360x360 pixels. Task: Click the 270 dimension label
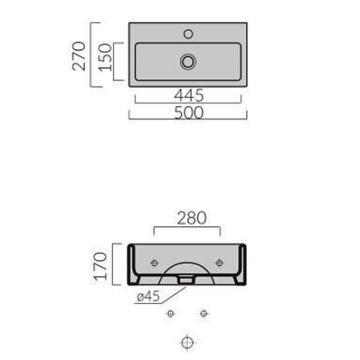[78, 56]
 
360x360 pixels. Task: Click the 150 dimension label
[105, 57]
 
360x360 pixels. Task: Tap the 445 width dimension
[189, 95]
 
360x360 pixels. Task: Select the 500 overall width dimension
[189, 112]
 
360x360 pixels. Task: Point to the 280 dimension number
[192, 218]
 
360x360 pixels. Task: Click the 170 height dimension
[100, 266]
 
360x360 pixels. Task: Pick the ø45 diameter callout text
[148, 296]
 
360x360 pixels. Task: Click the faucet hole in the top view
[188, 34]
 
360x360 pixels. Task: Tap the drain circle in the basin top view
[188, 62]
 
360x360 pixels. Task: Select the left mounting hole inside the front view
[154, 263]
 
